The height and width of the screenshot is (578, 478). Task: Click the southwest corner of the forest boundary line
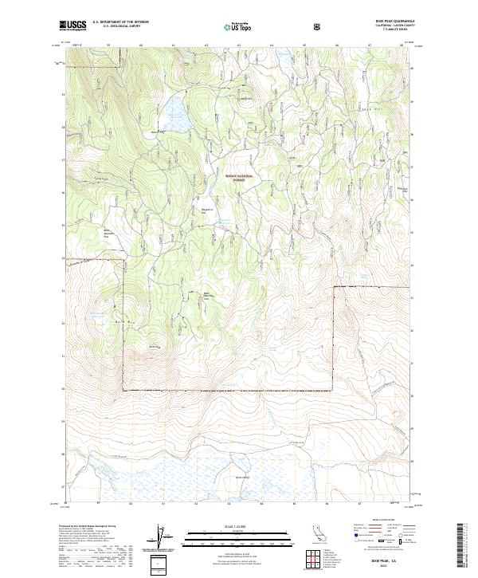[123, 389]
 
